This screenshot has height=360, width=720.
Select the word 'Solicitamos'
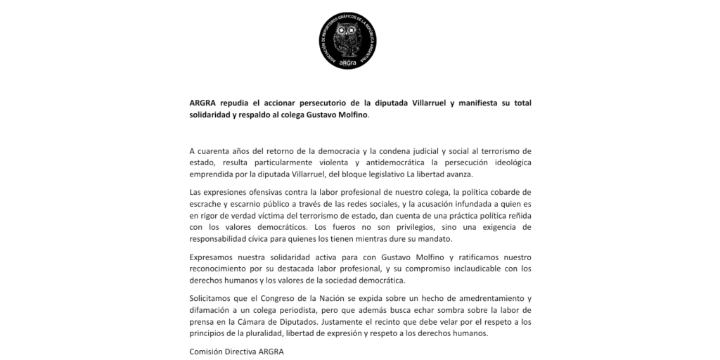pyautogui.click(x=214, y=300)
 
